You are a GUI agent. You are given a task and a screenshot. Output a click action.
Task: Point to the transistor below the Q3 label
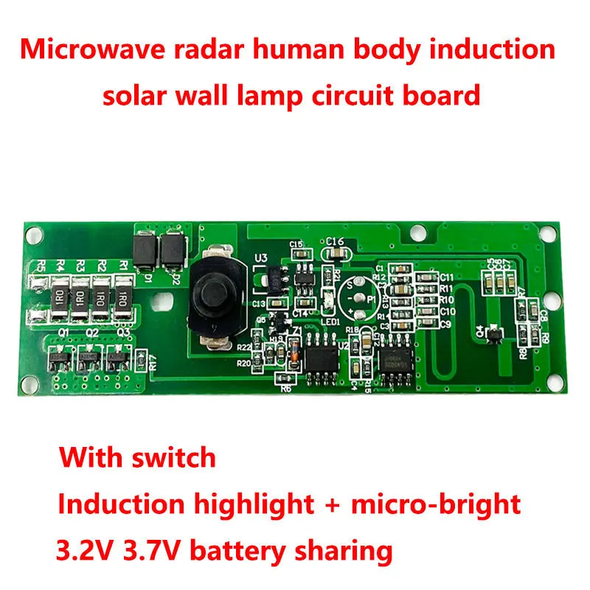click(x=117, y=359)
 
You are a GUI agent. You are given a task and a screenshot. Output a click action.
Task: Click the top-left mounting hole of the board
click(x=31, y=235)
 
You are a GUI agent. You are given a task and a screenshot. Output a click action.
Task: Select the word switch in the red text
click(x=177, y=457)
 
